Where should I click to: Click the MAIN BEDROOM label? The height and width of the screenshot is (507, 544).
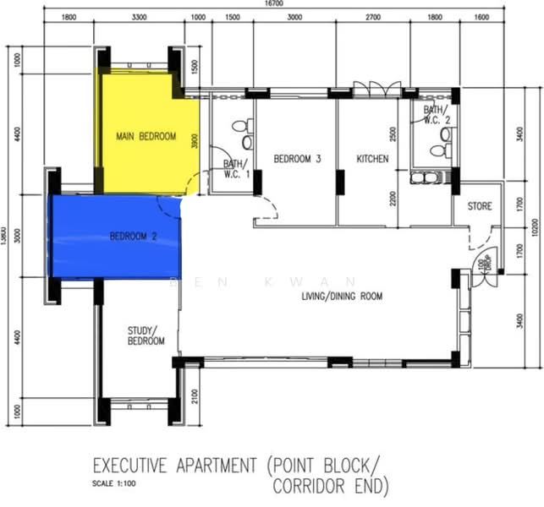tap(146, 136)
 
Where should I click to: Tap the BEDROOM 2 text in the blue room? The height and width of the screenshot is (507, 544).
tap(134, 237)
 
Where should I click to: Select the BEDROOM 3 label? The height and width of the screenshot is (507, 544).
tap(297, 158)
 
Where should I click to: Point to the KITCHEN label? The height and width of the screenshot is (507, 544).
tap(372, 158)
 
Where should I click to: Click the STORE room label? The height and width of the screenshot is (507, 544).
tap(480, 206)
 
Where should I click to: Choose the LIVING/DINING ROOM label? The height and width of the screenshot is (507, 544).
tap(342, 297)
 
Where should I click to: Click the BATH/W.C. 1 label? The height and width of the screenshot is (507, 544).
tap(236, 169)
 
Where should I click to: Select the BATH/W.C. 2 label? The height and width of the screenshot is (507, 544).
tap(436, 115)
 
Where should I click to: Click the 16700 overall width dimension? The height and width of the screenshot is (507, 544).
tap(273, 4)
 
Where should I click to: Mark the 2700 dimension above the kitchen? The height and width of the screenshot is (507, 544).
tap(372, 18)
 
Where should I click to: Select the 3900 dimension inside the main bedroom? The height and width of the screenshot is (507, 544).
tap(195, 142)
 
